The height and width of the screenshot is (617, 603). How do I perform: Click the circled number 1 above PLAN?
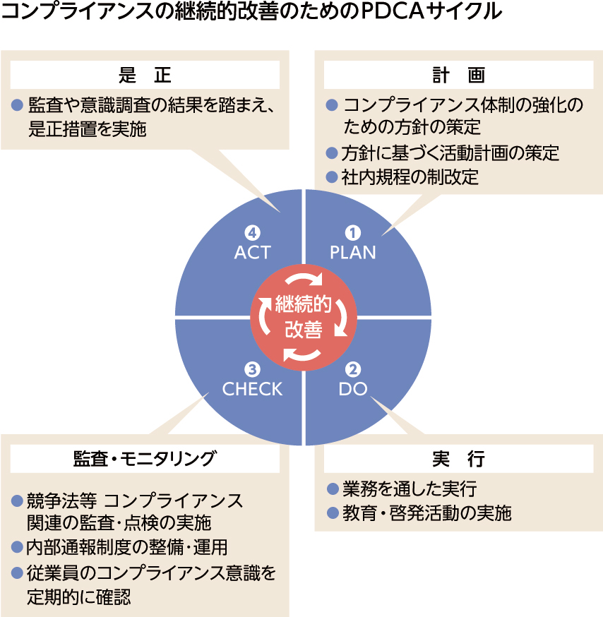(x=352, y=232)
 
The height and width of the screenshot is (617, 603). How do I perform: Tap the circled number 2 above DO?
(x=352, y=369)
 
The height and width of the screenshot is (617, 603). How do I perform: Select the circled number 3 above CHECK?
(x=252, y=369)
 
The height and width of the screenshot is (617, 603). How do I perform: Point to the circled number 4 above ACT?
(x=252, y=232)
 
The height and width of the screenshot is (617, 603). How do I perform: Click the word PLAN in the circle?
(x=352, y=252)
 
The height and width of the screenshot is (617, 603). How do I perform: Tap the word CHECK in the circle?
(x=252, y=389)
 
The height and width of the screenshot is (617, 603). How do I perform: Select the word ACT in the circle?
(x=252, y=252)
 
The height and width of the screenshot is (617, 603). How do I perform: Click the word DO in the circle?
(x=352, y=389)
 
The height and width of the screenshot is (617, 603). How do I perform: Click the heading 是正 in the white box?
(x=145, y=75)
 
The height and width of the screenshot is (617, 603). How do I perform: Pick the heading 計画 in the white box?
(x=458, y=75)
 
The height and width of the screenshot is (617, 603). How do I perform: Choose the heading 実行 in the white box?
(x=458, y=458)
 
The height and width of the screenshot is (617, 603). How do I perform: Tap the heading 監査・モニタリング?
(x=145, y=458)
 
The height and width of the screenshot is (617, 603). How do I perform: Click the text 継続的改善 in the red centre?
(x=304, y=317)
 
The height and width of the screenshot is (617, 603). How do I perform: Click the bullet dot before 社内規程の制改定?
(x=332, y=177)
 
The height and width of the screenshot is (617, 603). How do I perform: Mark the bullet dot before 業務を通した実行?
(x=333, y=489)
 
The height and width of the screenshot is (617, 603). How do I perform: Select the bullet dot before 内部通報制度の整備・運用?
(x=17, y=547)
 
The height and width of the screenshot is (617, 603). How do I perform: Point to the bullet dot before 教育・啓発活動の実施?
(x=333, y=513)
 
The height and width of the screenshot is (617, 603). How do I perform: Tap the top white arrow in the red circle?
(x=304, y=278)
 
